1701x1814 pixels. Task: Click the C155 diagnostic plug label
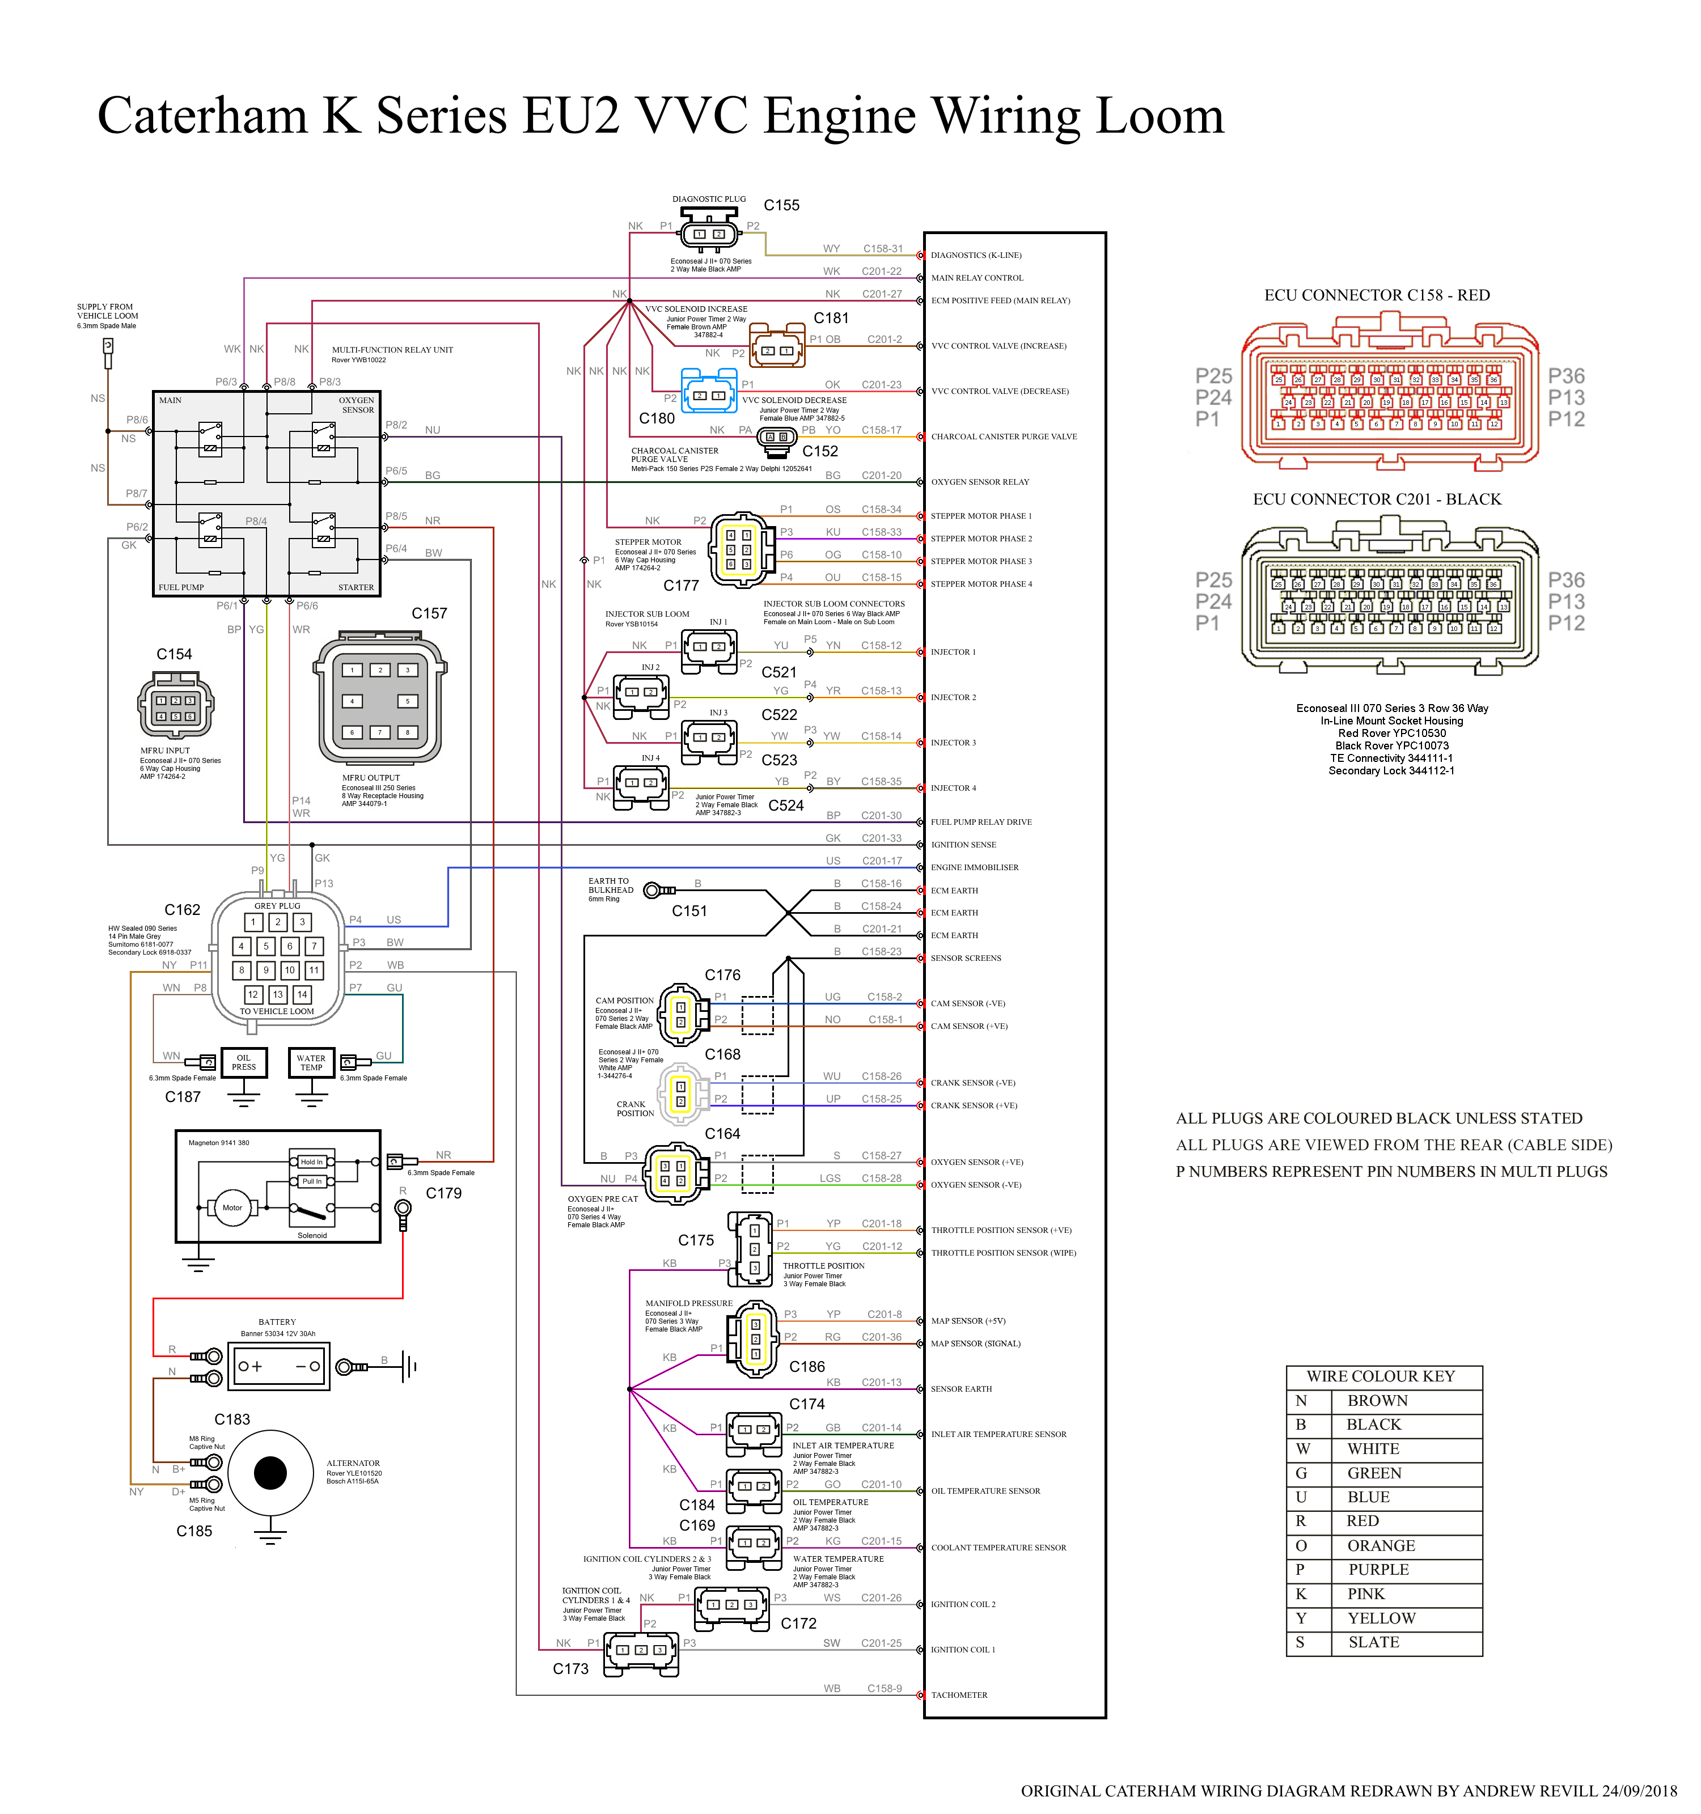[781, 205]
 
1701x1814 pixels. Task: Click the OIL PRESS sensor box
[244, 1063]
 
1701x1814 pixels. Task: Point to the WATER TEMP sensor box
[311, 1063]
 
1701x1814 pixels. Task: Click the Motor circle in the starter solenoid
[232, 1207]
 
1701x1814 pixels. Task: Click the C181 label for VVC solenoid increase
[831, 317]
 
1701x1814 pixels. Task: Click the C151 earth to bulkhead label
[689, 910]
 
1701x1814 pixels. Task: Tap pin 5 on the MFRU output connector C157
[408, 701]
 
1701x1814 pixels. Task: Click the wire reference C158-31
[882, 248]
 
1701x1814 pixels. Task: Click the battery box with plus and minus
[279, 1366]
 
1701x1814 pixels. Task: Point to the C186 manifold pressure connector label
[807, 1366]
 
